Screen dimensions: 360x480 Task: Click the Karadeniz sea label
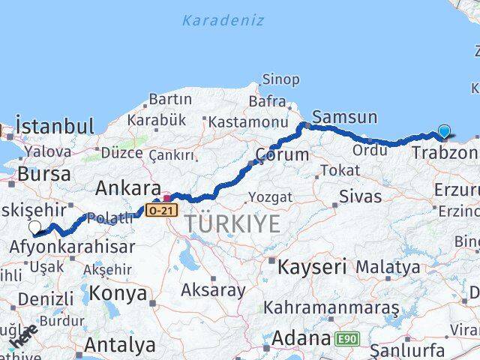click(223, 20)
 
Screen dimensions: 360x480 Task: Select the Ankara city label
click(128, 187)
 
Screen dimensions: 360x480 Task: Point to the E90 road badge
click(348, 340)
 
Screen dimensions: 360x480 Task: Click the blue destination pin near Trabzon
click(444, 132)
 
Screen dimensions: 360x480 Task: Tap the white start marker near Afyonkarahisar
click(34, 227)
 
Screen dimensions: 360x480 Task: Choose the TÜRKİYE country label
click(233, 223)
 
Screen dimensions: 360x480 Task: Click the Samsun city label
click(344, 116)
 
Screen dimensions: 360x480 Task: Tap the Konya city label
click(118, 292)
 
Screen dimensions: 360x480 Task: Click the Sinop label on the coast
click(280, 79)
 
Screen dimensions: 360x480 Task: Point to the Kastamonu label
click(248, 121)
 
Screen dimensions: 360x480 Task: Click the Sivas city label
click(360, 197)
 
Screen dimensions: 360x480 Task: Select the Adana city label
click(300, 338)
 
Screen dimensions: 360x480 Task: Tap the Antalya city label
click(120, 345)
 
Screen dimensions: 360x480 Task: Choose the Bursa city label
click(44, 174)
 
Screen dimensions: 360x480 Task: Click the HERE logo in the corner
click(23, 337)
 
